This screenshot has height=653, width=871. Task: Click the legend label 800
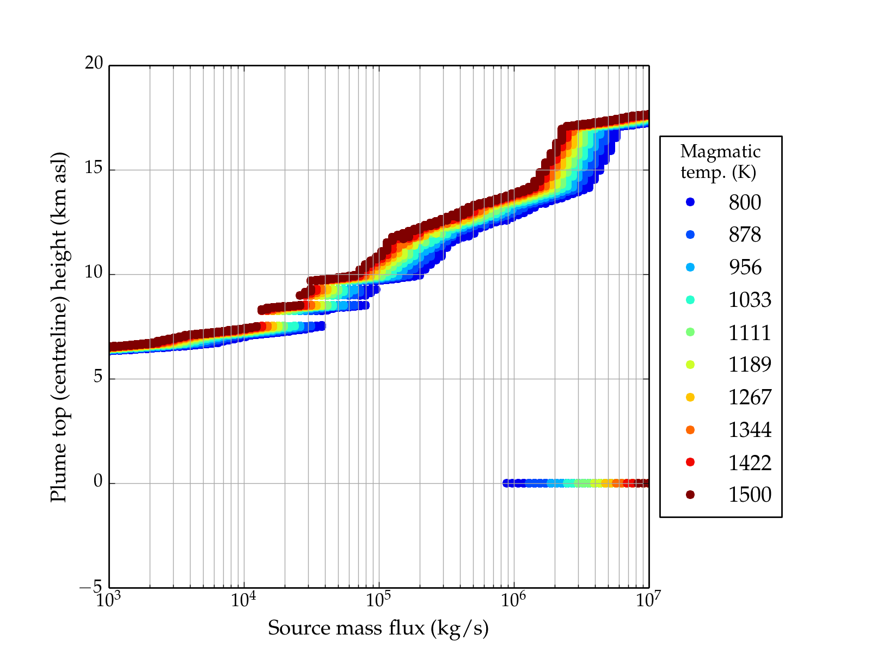(745, 202)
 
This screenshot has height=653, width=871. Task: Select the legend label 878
(745, 235)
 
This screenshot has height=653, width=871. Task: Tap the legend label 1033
(750, 300)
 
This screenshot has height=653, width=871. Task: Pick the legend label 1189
(750, 365)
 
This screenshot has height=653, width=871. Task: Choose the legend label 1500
(750, 495)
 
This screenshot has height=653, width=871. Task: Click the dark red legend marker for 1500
(690, 495)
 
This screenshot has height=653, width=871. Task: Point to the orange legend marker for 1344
(690, 430)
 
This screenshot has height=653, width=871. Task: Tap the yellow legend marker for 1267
(690, 397)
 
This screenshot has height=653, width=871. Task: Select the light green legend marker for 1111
(690, 332)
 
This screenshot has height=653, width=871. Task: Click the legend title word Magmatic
(720, 152)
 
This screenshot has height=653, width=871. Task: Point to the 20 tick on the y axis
(94, 64)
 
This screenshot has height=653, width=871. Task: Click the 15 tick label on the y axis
(94, 168)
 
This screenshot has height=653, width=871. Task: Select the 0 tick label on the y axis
(98, 482)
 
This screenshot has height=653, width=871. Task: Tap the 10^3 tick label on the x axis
(109, 600)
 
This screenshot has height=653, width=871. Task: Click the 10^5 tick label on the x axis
(378, 600)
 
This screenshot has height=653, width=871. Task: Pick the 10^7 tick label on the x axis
(648, 600)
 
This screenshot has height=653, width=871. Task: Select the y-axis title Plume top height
(58, 326)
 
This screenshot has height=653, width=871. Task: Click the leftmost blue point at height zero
(506, 483)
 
